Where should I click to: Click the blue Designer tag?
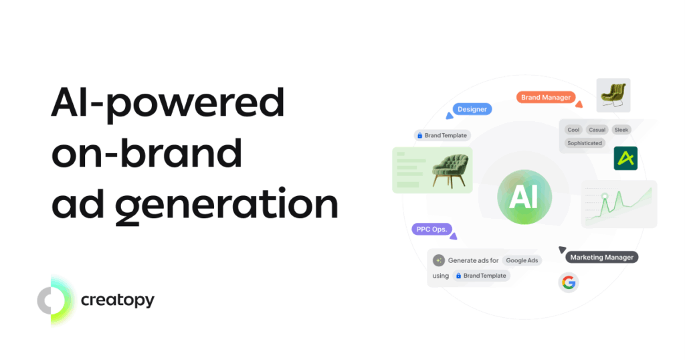pyautogui.click(x=472, y=109)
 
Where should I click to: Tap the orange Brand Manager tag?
pyautogui.click(x=546, y=98)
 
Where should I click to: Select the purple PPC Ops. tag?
pyautogui.click(x=431, y=230)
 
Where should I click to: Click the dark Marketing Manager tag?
pyautogui.click(x=601, y=258)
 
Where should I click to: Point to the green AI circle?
pyautogui.click(x=524, y=197)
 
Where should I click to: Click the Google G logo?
pyautogui.click(x=569, y=282)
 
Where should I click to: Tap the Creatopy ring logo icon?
pyautogui.click(x=55, y=300)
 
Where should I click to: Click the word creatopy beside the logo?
pyautogui.click(x=118, y=300)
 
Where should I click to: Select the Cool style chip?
pyautogui.click(x=573, y=130)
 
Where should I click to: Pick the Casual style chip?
pyautogui.click(x=597, y=130)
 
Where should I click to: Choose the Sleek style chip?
pyautogui.click(x=621, y=130)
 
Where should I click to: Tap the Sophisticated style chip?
pyautogui.click(x=585, y=143)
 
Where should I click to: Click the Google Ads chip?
pyautogui.click(x=522, y=260)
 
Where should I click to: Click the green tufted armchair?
pyautogui.click(x=451, y=171)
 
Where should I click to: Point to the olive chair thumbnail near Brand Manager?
pyautogui.click(x=613, y=95)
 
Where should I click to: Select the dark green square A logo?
pyautogui.click(x=625, y=158)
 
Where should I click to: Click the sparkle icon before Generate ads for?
pyautogui.click(x=439, y=260)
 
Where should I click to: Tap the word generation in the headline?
pyautogui.click(x=227, y=205)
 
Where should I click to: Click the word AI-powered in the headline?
pyautogui.click(x=168, y=103)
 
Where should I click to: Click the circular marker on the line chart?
pyautogui.click(x=605, y=196)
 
